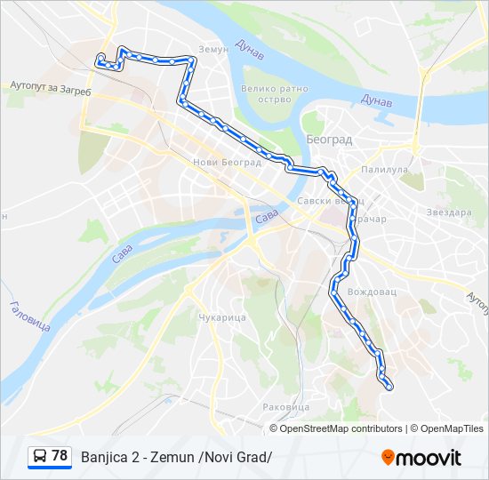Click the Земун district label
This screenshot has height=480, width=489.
213,50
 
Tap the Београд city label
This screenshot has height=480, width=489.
329,140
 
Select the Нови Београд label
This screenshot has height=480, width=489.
217,162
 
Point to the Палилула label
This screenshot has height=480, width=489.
383,169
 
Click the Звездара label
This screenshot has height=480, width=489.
448,212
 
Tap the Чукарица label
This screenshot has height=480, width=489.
220,317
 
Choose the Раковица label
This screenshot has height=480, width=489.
285,406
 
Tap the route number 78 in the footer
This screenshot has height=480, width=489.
60,455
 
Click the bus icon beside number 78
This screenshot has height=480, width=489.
39,457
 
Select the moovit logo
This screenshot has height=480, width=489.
421,458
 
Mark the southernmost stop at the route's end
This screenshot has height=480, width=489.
389,386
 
